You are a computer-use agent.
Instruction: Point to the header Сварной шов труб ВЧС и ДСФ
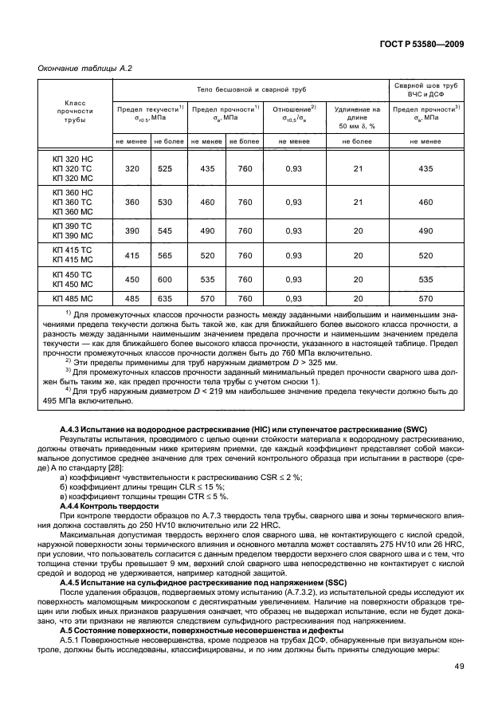pyautogui.click(x=426, y=89)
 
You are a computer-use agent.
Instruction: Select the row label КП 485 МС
pyautogui.click(x=75, y=297)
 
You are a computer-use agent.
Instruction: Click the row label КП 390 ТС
pyautogui.click(x=75, y=225)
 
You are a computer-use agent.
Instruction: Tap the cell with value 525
pyautogui.click(x=166, y=168)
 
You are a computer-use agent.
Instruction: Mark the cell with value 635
pyautogui.click(x=166, y=297)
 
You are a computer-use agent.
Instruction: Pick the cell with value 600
pyautogui.click(x=166, y=279)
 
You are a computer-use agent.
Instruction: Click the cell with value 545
pyautogui.click(x=166, y=230)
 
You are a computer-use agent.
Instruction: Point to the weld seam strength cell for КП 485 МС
pyautogui.click(x=426, y=297)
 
